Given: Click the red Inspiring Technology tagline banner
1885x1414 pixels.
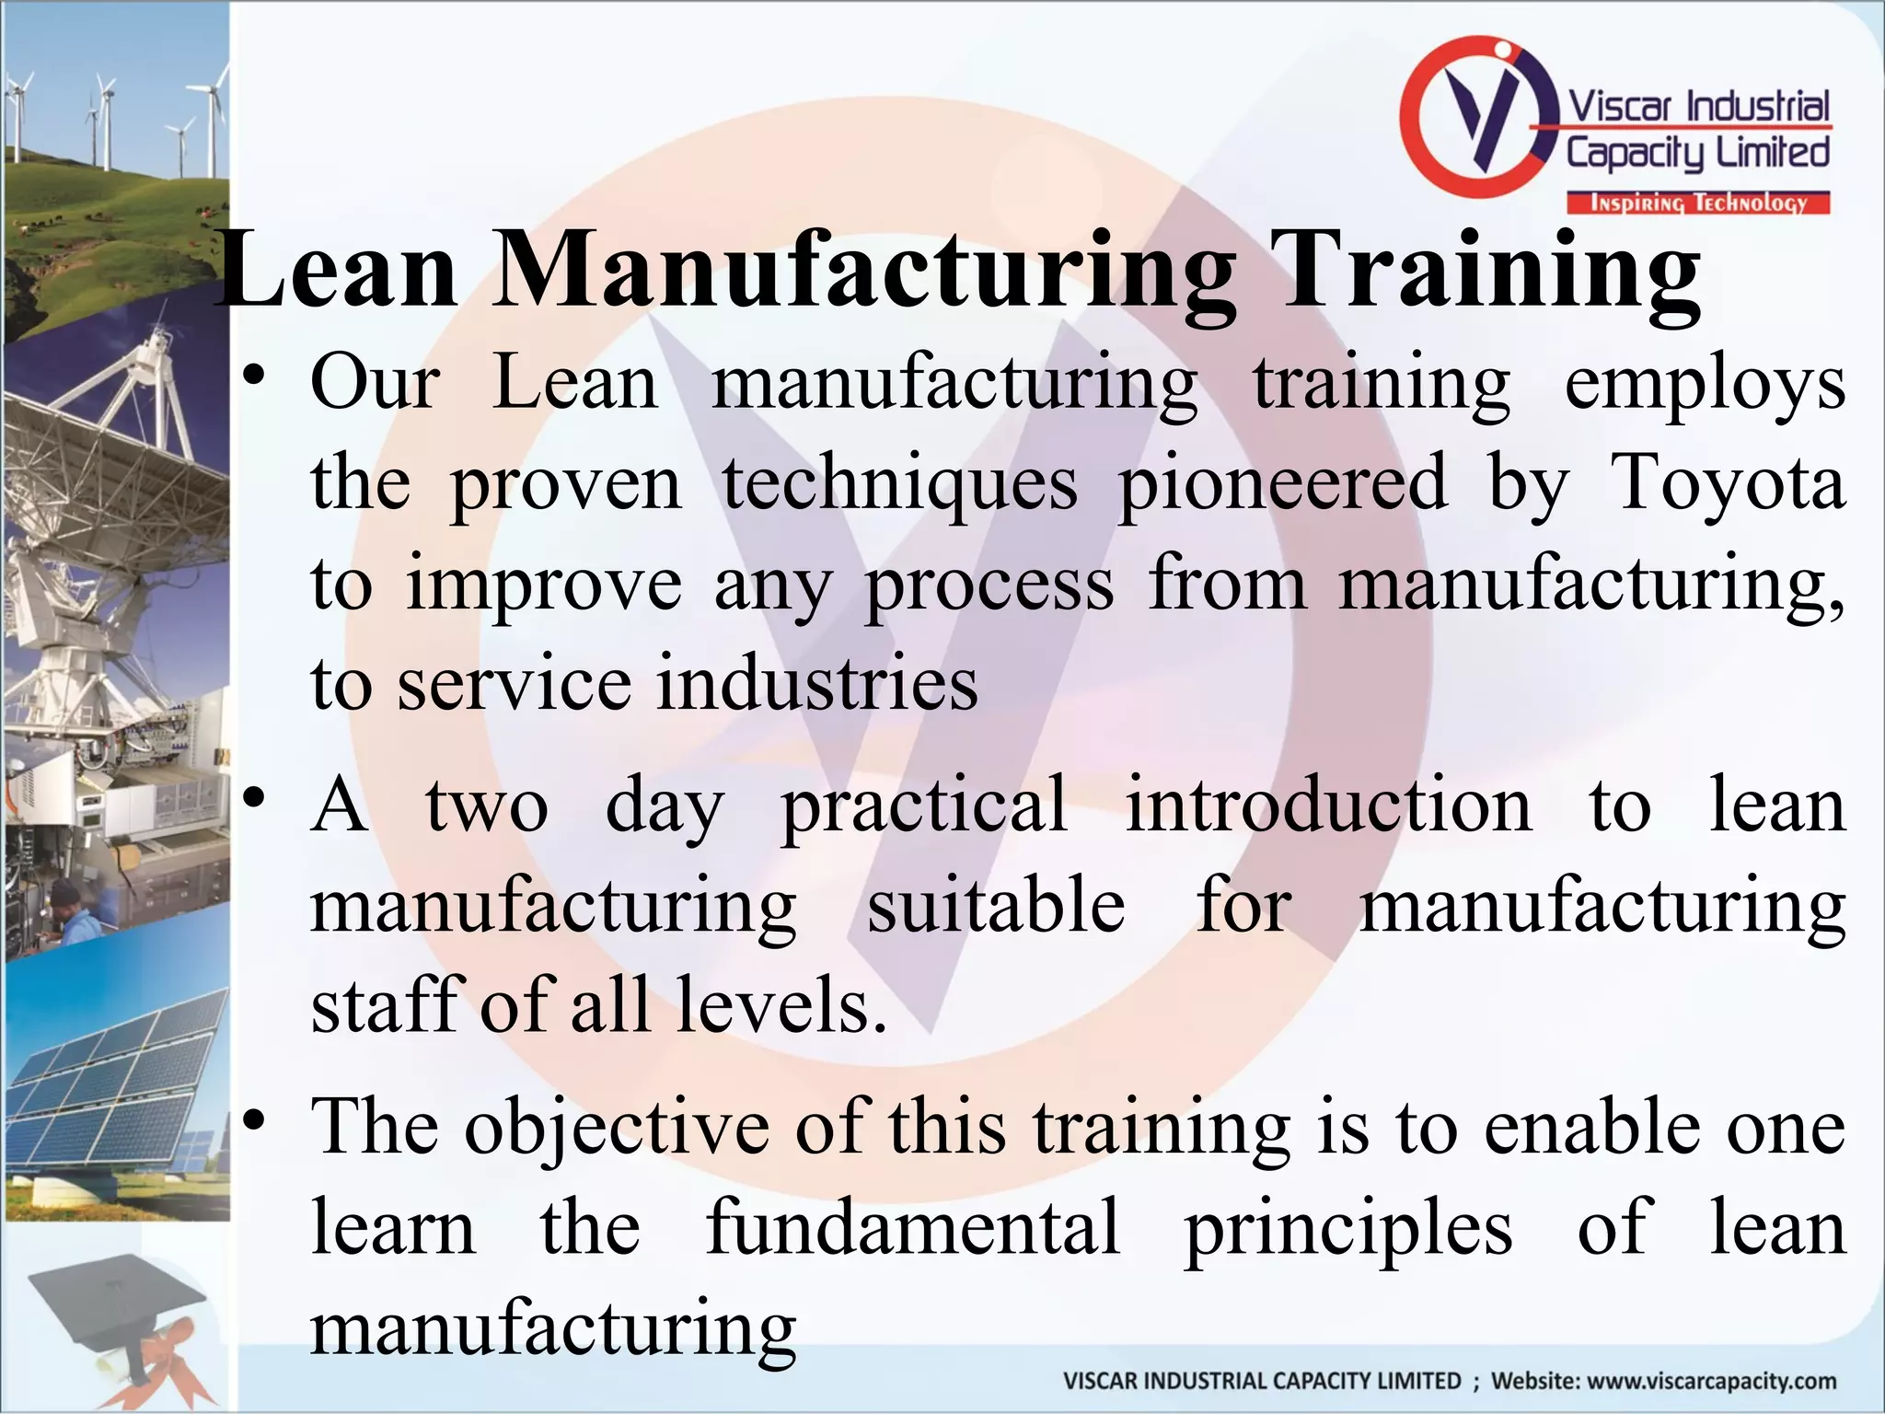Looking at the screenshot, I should (x=1698, y=203).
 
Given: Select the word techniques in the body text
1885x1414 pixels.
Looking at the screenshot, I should (x=899, y=484).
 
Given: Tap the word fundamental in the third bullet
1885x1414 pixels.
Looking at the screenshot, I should (x=913, y=1228).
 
